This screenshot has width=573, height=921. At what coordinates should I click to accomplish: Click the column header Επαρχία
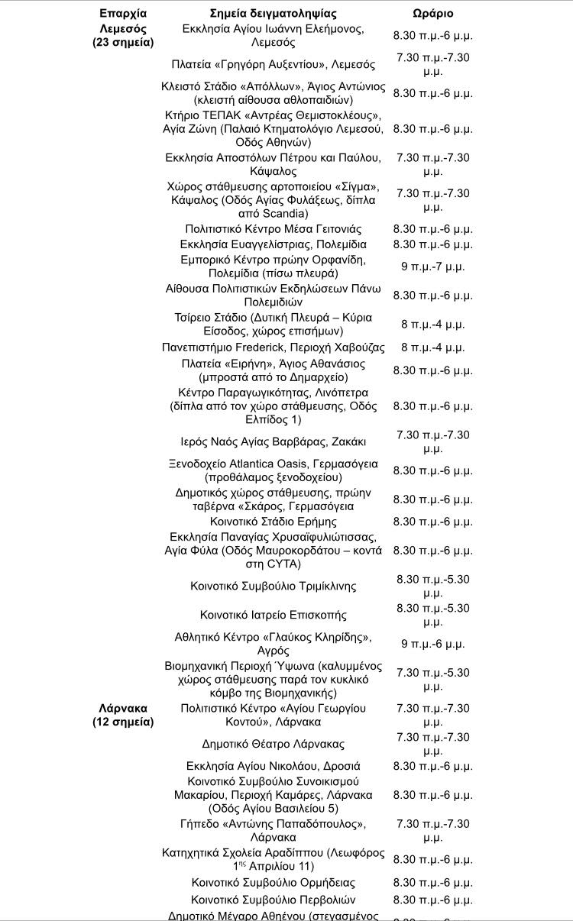pyautogui.click(x=123, y=13)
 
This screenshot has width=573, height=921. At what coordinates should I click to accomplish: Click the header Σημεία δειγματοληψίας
pyautogui.click(x=274, y=13)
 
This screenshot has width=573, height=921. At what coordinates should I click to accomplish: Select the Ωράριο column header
pyautogui.click(x=432, y=13)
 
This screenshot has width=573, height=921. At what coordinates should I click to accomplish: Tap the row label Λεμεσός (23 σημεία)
pyautogui.click(x=123, y=35)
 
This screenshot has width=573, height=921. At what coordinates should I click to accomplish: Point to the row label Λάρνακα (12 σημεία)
pyautogui.click(x=123, y=715)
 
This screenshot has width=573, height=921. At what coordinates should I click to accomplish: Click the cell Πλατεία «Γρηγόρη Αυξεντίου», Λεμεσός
pyautogui.click(x=274, y=64)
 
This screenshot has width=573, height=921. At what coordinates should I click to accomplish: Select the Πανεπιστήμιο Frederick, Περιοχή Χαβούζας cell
pyautogui.click(x=274, y=347)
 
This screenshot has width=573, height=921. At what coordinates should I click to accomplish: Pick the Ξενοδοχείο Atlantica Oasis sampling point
pyautogui.click(x=274, y=470)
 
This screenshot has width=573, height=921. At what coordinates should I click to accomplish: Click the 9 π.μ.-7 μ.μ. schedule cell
pyautogui.click(x=432, y=267)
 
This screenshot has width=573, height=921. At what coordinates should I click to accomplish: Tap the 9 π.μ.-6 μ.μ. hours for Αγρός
pyautogui.click(x=432, y=644)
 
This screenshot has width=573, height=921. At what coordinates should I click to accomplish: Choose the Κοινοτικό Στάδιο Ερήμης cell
pyautogui.click(x=274, y=522)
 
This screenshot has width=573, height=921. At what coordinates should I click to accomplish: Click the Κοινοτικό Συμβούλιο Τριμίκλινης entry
pyautogui.click(x=274, y=587)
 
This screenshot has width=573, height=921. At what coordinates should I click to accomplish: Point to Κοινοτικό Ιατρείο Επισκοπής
pyautogui.click(x=274, y=615)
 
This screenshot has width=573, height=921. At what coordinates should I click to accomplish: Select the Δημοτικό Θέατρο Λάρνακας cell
pyautogui.click(x=274, y=744)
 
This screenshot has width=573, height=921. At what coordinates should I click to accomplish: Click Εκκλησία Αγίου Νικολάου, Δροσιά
pyautogui.click(x=274, y=766)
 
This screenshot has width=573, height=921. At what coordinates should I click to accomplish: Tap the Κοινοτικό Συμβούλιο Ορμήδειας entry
pyautogui.click(x=274, y=883)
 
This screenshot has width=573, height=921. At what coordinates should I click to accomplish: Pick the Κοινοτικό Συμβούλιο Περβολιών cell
pyautogui.click(x=274, y=900)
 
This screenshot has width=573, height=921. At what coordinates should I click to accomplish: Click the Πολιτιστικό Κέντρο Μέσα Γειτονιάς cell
pyautogui.click(x=274, y=229)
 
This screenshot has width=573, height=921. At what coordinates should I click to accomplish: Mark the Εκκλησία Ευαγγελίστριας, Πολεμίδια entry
pyautogui.click(x=274, y=244)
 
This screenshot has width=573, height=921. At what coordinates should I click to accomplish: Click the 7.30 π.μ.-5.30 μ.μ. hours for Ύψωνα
pyautogui.click(x=432, y=680)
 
